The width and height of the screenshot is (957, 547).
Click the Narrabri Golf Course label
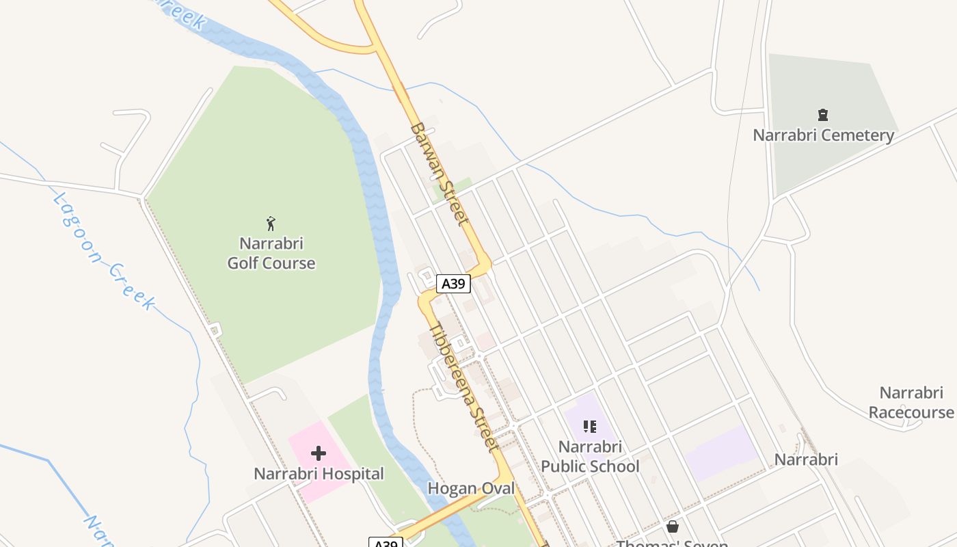(271, 253)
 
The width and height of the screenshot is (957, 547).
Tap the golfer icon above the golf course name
(271, 224)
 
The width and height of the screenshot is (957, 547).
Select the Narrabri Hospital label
(319, 473)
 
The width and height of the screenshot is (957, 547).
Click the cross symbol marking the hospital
(319, 453)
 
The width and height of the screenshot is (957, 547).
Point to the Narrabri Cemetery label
(823, 135)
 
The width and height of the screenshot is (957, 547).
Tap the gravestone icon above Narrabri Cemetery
(823, 115)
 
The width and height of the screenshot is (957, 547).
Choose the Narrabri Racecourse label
(911, 403)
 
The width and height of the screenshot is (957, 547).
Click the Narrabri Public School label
(590, 456)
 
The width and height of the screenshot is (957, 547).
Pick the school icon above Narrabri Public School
(590, 427)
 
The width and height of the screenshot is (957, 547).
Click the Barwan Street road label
(440, 174)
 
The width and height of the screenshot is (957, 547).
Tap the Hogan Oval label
(471, 488)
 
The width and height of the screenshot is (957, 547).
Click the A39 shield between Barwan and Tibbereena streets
(453, 284)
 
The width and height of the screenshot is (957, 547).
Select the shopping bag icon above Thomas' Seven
(673, 526)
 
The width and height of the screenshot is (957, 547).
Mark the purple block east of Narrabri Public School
(721, 453)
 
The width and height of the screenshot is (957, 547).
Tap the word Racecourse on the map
(911, 412)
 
